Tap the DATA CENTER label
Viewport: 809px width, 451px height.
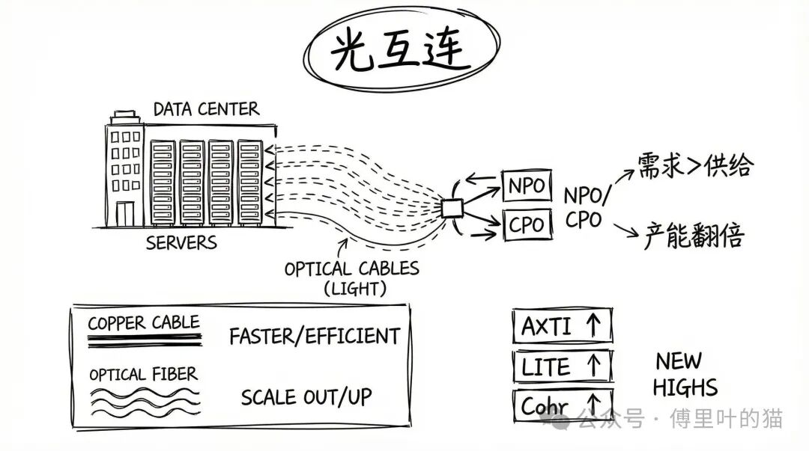(206, 109)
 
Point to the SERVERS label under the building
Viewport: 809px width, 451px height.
(181, 243)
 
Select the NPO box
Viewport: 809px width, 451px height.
(526, 185)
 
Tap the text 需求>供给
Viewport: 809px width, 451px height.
(693, 166)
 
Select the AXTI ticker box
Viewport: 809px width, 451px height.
(562, 326)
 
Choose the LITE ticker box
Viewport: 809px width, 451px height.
(562, 366)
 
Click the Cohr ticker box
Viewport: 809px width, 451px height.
(562, 406)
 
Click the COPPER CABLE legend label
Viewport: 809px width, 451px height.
(144, 323)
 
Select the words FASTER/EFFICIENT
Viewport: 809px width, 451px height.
(315, 337)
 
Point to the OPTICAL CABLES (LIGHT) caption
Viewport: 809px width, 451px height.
(352, 277)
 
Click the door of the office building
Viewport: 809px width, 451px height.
(124, 212)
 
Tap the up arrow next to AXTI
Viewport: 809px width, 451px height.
(593, 326)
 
